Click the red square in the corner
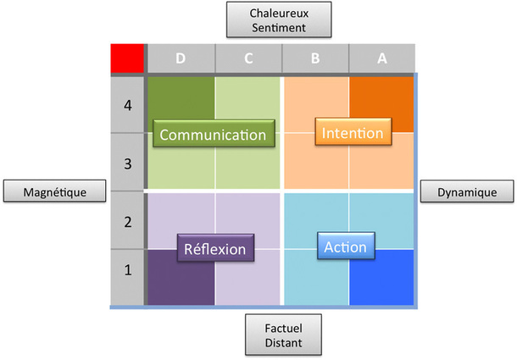(128, 58)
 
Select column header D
(181, 58)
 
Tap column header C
(248, 58)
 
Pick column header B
(315, 58)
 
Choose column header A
(381, 58)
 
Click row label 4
(128, 107)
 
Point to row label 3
(128, 163)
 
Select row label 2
(128, 222)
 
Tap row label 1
(128, 271)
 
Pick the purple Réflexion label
(214, 249)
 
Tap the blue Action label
(345, 247)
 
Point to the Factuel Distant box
(276, 335)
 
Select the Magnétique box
(56, 191)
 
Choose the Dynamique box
(467, 191)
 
